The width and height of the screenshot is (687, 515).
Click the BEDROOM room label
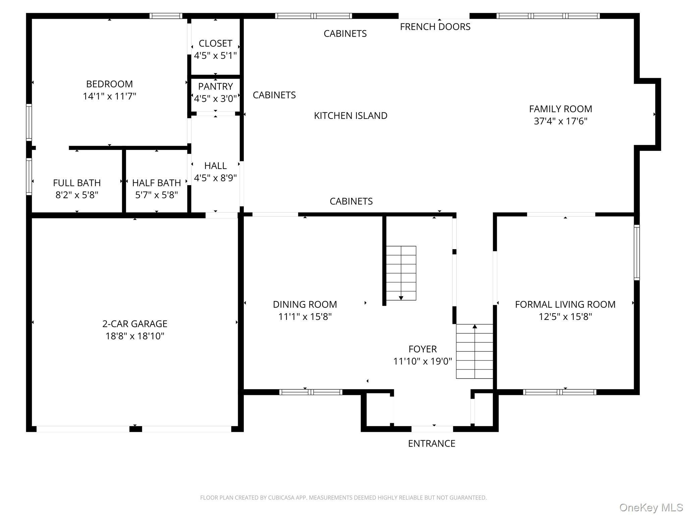click(x=109, y=84)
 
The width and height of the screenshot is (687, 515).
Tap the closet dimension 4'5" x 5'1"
click(x=215, y=56)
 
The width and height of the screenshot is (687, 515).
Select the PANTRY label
click(x=215, y=87)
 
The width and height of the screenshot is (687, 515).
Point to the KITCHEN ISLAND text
click(x=351, y=116)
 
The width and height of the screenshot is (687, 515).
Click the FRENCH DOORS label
click(x=435, y=27)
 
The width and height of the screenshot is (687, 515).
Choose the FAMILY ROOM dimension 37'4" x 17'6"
click(x=561, y=121)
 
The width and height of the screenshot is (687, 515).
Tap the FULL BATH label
click(x=77, y=183)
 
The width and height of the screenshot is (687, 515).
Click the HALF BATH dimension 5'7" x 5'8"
click(x=156, y=195)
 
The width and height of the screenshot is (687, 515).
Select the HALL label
click(x=215, y=166)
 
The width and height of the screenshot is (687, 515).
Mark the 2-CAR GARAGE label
click(x=135, y=324)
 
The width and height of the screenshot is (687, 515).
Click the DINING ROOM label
click(x=305, y=304)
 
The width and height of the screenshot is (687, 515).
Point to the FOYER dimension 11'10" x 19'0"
click(x=423, y=361)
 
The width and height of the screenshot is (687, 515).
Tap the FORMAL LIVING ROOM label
click(x=565, y=304)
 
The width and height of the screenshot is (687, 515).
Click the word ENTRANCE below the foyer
click(x=431, y=443)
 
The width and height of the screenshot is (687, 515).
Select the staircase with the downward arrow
click(x=401, y=273)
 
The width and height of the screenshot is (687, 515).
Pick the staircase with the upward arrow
click(x=474, y=351)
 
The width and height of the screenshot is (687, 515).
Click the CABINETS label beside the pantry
click(x=274, y=95)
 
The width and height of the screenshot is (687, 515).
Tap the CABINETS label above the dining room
click(x=351, y=201)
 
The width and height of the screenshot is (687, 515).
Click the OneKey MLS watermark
click(x=651, y=508)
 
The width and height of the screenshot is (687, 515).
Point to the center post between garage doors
click(x=136, y=429)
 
